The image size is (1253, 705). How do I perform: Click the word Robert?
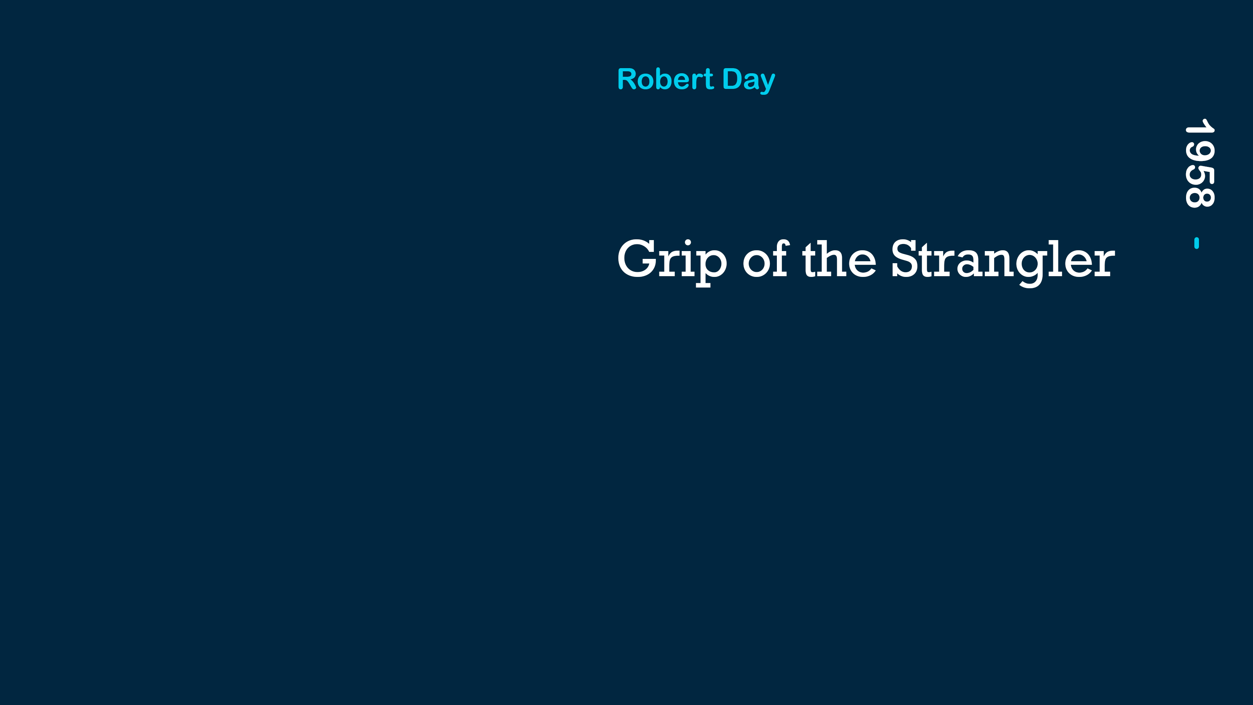[665, 79]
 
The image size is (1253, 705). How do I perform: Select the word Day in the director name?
[749, 80]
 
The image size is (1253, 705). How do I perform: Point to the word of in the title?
[766, 258]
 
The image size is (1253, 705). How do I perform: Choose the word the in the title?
[839, 258]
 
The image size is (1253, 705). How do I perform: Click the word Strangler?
[1002, 263]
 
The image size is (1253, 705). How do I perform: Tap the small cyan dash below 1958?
[1197, 243]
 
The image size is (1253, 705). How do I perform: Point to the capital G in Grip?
[637, 258]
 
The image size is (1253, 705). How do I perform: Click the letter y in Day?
[767, 84]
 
